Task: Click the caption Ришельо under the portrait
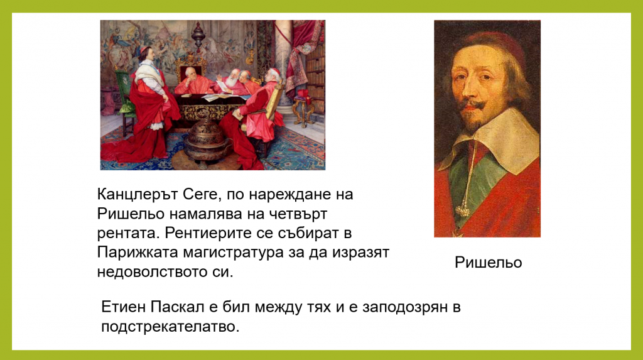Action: click(488, 263)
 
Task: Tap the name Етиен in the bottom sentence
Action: click(123, 308)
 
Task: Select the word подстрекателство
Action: click(170, 327)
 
